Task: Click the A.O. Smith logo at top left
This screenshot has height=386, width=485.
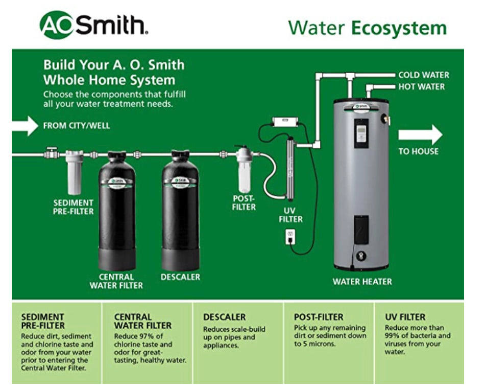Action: click(x=94, y=25)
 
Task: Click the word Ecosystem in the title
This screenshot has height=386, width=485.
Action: click(x=399, y=28)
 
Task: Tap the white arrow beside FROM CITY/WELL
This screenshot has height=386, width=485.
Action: click(x=25, y=126)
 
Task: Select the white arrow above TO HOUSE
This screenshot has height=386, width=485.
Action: click(x=420, y=134)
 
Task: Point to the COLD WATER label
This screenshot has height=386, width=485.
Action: click(x=423, y=75)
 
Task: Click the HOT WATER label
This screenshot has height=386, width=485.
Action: click(x=421, y=87)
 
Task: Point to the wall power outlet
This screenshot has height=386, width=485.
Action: click(x=290, y=237)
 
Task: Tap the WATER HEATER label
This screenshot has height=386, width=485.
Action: click(x=362, y=282)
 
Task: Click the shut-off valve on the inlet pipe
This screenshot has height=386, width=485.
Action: click(x=51, y=153)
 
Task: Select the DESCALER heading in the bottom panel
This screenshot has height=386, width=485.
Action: click(x=225, y=317)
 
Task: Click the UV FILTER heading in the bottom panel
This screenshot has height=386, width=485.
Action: click(x=405, y=317)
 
